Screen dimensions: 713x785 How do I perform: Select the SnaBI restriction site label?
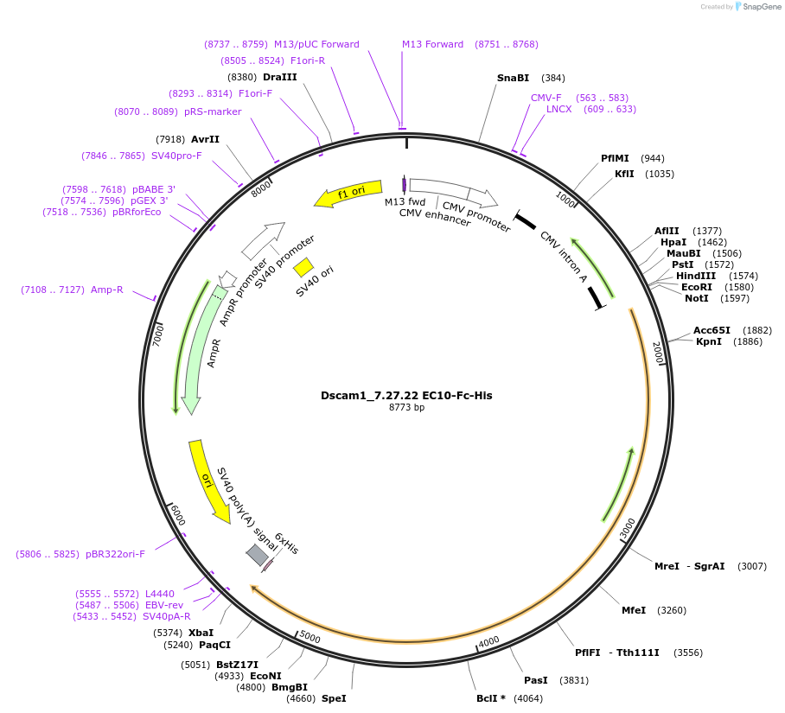pos(513,78)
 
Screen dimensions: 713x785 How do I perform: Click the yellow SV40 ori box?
pos(303,267)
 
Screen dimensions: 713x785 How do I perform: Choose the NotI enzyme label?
pos(696,298)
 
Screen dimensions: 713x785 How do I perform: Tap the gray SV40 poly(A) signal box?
pos(257,555)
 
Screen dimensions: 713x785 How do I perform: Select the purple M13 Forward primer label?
pos(432,44)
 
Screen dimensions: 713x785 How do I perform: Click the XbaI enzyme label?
pos(201,633)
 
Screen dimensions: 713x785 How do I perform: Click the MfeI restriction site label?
pos(634,610)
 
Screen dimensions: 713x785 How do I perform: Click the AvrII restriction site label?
pos(205,139)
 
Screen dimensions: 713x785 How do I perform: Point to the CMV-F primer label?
pos(546,98)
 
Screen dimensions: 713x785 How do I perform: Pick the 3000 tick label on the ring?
pos(628,527)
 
